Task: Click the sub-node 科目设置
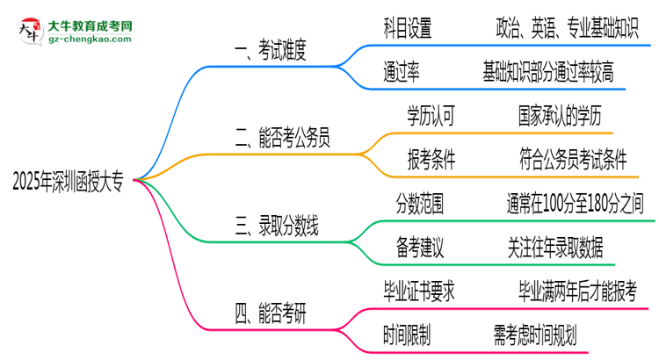pyautogui.click(x=408, y=29)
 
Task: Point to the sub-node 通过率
pyautogui.click(x=402, y=72)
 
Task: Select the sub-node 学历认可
pyautogui.click(x=431, y=115)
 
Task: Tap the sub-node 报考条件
pyautogui.click(x=431, y=158)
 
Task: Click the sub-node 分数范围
pyautogui.click(x=419, y=205)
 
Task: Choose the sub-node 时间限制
pyautogui.click(x=408, y=333)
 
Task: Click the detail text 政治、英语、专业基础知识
pyautogui.click(x=560, y=29)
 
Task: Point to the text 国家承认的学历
pyautogui.click(x=561, y=115)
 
